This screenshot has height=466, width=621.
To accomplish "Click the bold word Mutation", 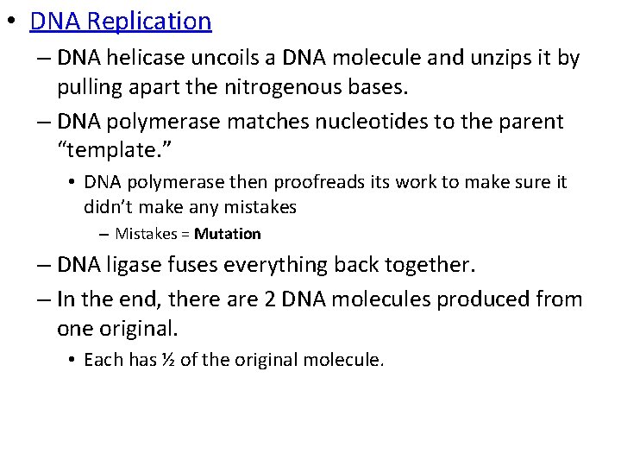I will pyautogui.click(x=228, y=234).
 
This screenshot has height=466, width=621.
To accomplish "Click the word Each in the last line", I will pyautogui.click(x=103, y=359).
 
